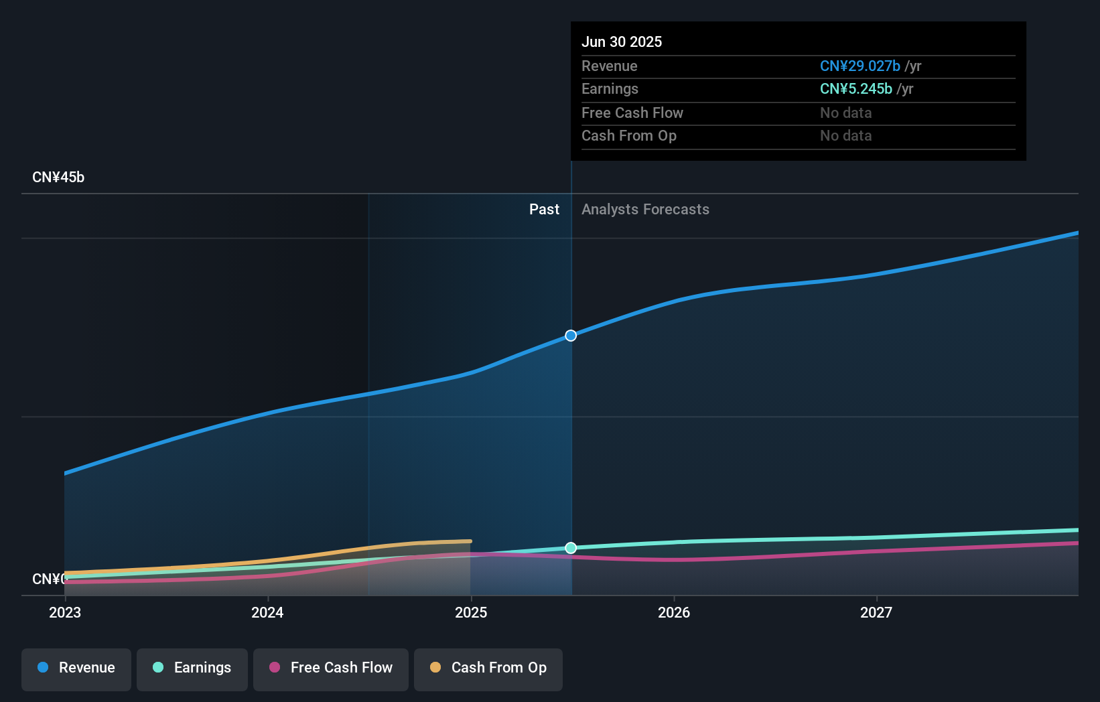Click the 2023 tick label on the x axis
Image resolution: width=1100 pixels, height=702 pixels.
point(65,613)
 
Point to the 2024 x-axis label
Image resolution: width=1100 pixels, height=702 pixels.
point(267,613)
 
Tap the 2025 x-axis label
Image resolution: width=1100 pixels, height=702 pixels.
point(471,613)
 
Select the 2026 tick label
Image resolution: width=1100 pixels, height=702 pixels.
point(674,613)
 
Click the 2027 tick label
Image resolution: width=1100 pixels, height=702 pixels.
point(876,613)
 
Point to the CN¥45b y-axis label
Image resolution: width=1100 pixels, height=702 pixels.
point(58,178)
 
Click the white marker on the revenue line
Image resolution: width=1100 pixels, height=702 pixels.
point(571,336)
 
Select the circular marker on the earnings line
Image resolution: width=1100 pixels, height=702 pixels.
point(571,548)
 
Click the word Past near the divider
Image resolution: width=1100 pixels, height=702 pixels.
point(544,210)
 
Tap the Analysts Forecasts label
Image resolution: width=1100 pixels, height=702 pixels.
point(645,210)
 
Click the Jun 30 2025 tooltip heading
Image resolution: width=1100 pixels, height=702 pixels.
point(622,42)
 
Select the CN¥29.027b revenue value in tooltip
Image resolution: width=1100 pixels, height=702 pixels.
point(860,66)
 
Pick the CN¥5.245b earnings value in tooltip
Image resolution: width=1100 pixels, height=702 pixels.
point(855,89)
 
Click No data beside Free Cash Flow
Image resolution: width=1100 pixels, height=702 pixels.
point(845,113)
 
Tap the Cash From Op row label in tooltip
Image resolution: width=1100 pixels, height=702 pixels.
point(629,136)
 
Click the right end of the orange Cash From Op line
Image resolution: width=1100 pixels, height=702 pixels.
point(470,541)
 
